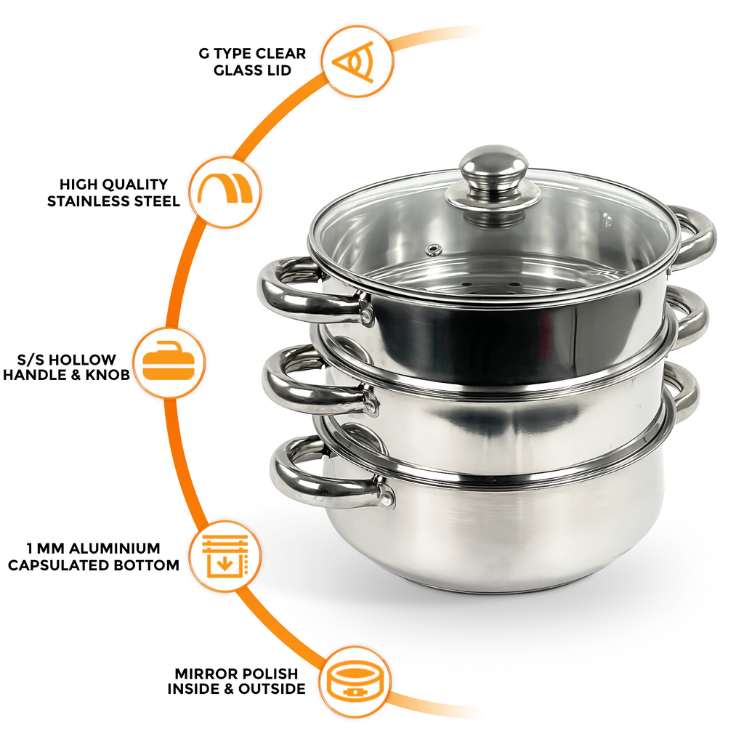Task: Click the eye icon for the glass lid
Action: [x=357, y=61]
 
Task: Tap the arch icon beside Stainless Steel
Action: [x=226, y=193]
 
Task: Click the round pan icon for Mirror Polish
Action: [x=355, y=682]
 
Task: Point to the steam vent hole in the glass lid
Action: [x=434, y=250]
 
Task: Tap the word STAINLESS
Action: [x=89, y=201]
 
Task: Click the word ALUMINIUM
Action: [x=116, y=548]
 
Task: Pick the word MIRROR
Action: [x=203, y=674]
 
